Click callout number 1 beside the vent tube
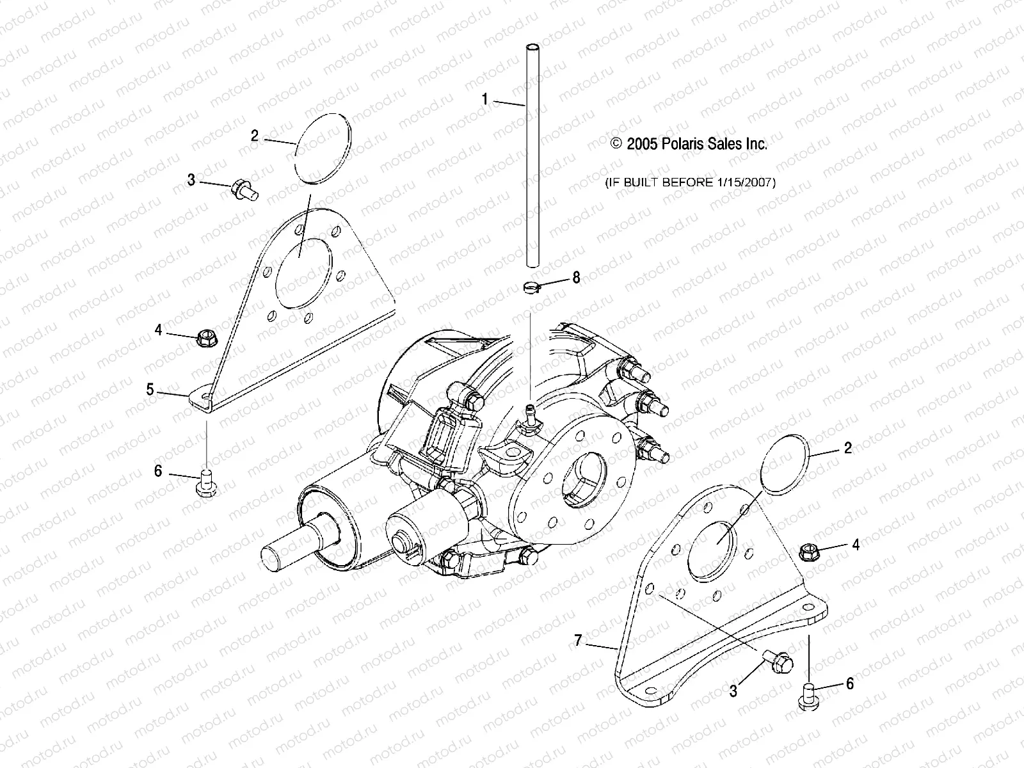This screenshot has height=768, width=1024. click(x=485, y=99)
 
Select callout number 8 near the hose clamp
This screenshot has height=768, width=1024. click(x=577, y=277)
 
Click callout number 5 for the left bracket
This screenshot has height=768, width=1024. click(x=150, y=389)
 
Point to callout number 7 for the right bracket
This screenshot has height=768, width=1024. click(x=579, y=640)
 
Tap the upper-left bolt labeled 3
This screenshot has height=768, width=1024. click(x=244, y=189)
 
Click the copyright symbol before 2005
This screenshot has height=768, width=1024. click(x=616, y=144)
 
